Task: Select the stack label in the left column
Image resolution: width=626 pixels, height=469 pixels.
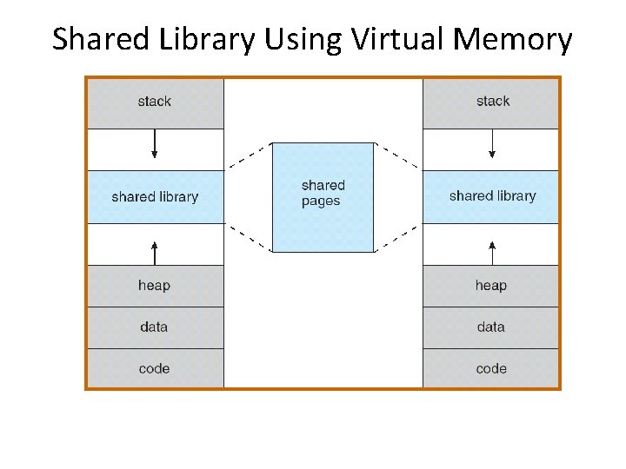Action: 155,102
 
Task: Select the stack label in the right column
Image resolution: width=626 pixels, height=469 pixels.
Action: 492,102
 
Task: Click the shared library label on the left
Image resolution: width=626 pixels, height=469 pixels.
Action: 155,197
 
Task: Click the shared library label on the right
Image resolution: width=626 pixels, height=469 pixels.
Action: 492,196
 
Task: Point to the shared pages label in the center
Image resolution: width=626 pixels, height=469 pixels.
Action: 323,193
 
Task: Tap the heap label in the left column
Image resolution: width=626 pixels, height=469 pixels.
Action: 154,286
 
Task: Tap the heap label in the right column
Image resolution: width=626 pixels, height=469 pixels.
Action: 491,286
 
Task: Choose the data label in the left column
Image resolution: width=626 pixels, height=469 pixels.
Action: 154,327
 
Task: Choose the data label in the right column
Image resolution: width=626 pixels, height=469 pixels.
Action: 491,327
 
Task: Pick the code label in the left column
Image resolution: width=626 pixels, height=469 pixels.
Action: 154,369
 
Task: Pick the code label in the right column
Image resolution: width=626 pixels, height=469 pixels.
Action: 491,369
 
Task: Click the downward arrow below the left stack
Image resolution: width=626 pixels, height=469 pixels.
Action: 155,144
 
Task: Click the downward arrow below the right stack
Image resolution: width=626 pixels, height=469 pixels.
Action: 492,144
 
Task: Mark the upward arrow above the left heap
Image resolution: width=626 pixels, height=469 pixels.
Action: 155,252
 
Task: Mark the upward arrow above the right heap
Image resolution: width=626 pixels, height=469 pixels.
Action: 492,252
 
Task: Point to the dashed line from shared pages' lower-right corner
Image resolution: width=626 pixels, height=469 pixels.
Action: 396,240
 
